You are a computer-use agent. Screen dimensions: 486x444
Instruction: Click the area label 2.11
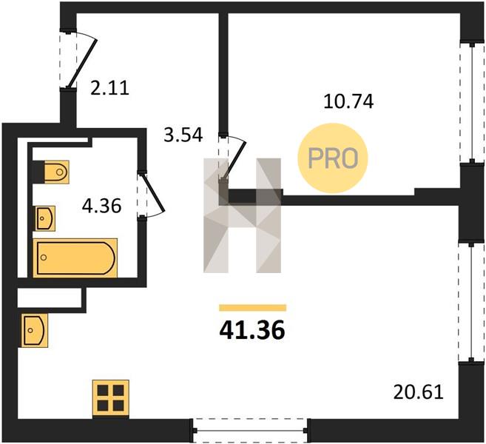coord(109,88)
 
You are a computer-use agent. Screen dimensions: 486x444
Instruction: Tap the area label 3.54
coord(183,135)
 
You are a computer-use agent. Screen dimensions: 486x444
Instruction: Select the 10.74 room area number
coord(348,101)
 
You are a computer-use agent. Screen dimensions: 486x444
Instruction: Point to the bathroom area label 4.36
coord(101,206)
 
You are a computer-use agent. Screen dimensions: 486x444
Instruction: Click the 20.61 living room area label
coord(419,392)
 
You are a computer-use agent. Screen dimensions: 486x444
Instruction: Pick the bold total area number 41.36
coord(252,330)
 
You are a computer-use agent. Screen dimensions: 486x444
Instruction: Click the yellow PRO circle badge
coord(333,158)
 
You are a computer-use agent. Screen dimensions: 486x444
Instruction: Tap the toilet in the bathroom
coord(51,172)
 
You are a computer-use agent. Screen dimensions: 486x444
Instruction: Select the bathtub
coord(75,258)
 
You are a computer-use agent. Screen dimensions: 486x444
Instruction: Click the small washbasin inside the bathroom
coord(44,218)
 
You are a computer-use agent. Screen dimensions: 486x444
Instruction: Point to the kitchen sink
coord(35,330)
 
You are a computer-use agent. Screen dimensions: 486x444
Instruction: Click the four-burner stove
coord(111,399)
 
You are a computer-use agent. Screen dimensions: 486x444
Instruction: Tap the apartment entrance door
coord(78,59)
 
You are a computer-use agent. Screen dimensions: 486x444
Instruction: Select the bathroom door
coord(151,195)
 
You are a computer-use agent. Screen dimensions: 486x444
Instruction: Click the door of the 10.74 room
coord(232,157)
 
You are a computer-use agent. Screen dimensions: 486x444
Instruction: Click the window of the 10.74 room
coord(472,103)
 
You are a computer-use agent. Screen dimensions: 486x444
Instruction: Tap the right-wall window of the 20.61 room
coord(471,303)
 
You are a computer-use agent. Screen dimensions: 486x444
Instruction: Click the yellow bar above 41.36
coord(252,308)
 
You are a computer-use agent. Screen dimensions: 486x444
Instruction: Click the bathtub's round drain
coord(44,258)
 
